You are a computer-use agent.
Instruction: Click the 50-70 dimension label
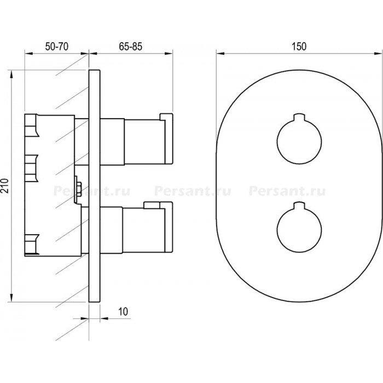click(x=57, y=47)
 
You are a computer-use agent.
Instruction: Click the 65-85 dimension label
click(x=130, y=47)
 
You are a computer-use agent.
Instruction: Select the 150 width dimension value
click(x=299, y=47)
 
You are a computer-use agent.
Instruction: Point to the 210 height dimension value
click(x=5, y=186)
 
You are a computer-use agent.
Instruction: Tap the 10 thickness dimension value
click(x=123, y=312)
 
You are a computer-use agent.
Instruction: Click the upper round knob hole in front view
click(x=299, y=142)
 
